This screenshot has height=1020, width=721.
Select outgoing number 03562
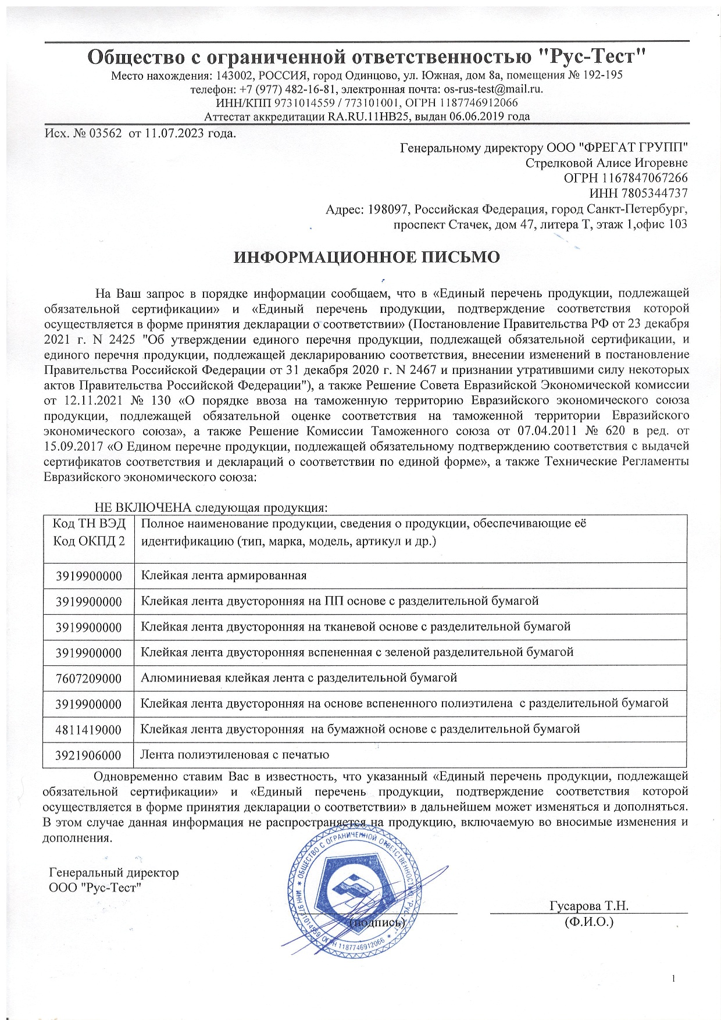click(x=105, y=134)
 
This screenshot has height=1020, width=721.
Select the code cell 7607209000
click(x=89, y=679)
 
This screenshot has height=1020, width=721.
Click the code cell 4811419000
click(x=89, y=730)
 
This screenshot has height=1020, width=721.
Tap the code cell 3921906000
click(x=89, y=755)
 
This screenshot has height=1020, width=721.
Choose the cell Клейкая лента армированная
click(x=224, y=576)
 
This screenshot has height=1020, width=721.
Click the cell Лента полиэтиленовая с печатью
click(x=235, y=755)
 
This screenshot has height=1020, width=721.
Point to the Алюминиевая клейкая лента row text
click(x=299, y=678)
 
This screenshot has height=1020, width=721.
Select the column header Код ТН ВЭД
click(x=89, y=523)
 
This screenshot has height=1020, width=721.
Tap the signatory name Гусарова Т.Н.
click(x=588, y=906)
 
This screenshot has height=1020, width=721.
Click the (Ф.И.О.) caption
click(x=589, y=922)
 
